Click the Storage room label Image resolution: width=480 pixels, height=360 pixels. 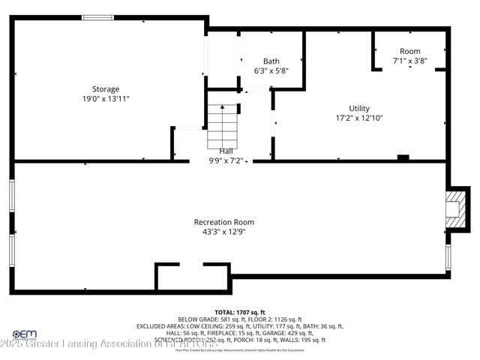(x=105, y=88)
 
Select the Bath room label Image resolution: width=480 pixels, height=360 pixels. (x=271, y=61)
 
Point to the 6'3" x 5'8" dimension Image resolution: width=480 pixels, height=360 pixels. (x=271, y=70)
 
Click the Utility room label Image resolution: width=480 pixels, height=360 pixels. (x=358, y=108)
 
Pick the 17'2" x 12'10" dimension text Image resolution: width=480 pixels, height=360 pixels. (x=358, y=118)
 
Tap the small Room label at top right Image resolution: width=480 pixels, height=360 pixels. (x=409, y=51)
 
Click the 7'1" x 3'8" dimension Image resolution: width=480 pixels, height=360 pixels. (x=409, y=61)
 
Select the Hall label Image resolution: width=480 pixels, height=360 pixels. (x=225, y=151)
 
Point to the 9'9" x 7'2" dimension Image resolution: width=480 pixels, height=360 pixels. (x=225, y=160)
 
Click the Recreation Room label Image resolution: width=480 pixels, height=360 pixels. (x=223, y=221)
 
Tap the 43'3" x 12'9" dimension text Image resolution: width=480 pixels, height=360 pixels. (x=223, y=232)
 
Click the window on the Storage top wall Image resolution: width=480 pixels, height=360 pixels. (x=98, y=17)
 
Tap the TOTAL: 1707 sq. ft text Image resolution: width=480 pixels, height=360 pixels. (x=240, y=311)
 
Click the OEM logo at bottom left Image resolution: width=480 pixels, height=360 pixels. (x=25, y=334)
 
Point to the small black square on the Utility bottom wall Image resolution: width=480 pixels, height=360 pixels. (x=403, y=157)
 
